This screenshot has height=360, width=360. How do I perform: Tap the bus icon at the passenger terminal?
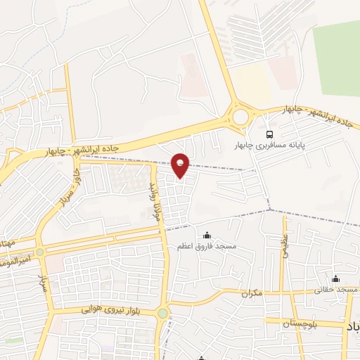[x=268, y=134]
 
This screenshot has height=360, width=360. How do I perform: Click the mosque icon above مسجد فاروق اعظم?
[x=206, y=236]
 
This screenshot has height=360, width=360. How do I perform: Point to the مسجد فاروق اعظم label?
[x=207, y=247]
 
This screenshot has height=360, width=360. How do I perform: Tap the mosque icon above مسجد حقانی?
[x=336, y=279]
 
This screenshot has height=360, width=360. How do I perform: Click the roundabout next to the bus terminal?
[x=240, y=114]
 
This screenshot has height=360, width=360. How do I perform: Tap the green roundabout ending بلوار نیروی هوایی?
[x=163, y=313]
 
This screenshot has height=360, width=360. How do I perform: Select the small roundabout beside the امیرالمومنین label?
[x=40, y=252]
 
